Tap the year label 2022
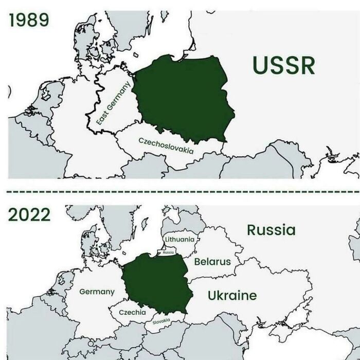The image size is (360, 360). (29, 214)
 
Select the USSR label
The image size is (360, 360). (284, 65)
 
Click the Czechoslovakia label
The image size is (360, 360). (166, 146)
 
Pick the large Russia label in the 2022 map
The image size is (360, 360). (271, 229)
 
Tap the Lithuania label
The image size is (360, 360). (180, 239)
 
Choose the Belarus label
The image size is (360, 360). (212, 261)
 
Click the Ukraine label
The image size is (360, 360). (232, 295)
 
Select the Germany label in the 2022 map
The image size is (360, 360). (97, 292)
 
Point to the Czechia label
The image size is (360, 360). (132, 312)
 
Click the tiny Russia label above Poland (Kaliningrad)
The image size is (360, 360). (168, 253)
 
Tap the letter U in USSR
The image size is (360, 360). (261, 65)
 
